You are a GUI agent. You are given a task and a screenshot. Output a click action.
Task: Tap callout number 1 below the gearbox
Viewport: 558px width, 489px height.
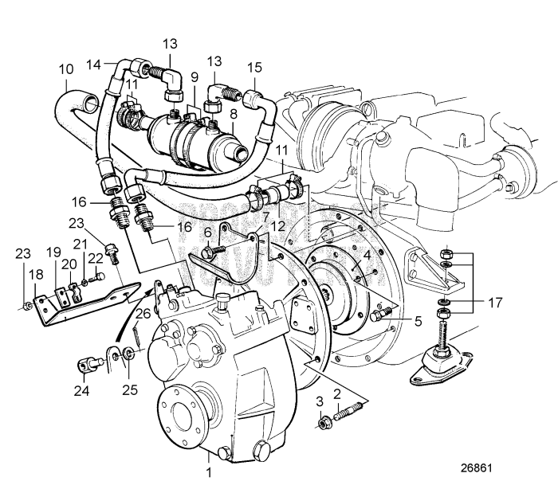coord(209,472)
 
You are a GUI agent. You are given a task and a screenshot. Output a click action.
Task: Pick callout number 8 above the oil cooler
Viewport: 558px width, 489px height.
coord(234,114)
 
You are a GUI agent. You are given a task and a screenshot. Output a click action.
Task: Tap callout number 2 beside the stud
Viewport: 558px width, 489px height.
coord(337,393)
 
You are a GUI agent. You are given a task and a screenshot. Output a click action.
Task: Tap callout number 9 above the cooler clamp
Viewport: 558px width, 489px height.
coord(192,77)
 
